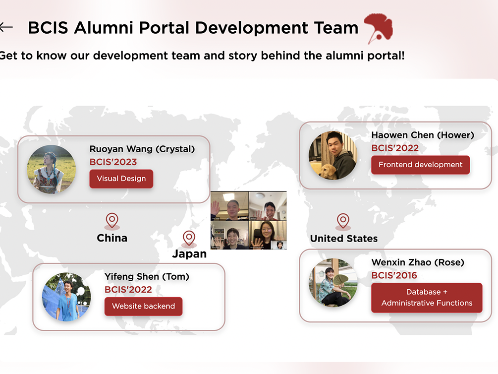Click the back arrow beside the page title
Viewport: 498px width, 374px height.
tap(6, 27)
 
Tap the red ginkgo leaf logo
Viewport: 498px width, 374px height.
tap(378, 28)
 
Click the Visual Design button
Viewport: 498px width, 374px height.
tap(121, 179)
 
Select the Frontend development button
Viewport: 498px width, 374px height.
tap(420, 165)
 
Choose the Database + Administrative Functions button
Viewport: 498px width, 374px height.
tap(427, 298)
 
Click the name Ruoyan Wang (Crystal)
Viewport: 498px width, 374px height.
tap(142, 149)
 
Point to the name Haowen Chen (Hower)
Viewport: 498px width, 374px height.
tap(423, 135)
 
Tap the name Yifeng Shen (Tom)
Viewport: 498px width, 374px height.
tap(147, 277)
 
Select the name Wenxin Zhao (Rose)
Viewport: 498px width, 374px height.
tap(418, 262)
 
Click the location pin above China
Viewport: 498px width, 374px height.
tap(112, 221)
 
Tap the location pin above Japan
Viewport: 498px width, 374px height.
tap(189, 238)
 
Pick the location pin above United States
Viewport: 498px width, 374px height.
tap(343, 221)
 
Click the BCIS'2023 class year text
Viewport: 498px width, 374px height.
tap(113, 162)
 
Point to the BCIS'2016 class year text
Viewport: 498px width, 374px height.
tap(394, 275)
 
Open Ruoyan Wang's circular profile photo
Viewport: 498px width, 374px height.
tap(51, 170)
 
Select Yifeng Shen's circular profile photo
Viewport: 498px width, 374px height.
tap(66, 297)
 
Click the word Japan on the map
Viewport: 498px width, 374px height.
tap(189, 254)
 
